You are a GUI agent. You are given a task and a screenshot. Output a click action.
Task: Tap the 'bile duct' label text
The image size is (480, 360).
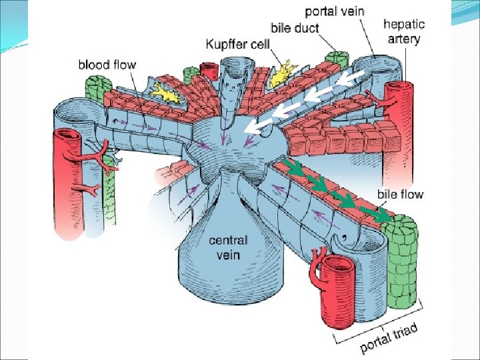[295, 29]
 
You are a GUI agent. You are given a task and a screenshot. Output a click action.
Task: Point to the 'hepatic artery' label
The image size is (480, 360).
[403, 31]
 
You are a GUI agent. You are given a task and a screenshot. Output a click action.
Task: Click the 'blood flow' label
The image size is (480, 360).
[107, 65]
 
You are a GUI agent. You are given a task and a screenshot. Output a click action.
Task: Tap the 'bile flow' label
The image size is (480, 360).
[401, 195]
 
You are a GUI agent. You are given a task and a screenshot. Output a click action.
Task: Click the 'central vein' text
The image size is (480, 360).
[228, 247]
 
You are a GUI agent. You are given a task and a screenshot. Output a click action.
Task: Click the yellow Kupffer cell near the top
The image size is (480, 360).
[283, 72]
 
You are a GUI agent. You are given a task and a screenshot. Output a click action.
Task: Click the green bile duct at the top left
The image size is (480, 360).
[97, 93]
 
